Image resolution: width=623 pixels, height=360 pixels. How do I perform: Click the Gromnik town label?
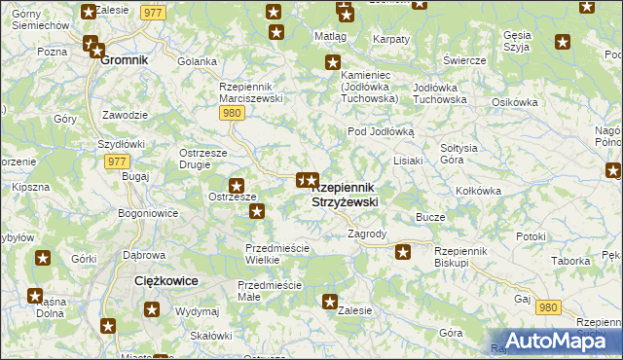(x=124, y=60)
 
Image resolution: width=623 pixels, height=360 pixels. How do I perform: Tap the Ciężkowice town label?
(x=165, y=280)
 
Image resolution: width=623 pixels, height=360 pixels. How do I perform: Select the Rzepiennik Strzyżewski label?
(x=345, y=195)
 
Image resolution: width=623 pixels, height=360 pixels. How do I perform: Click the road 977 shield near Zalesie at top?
(x=151, y=12)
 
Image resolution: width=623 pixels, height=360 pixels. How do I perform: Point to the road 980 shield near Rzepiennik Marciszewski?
(x=231, y=113)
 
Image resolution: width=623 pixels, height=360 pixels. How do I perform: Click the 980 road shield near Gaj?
(x=548, y=306)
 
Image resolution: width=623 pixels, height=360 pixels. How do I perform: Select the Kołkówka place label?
(x=478, y=192)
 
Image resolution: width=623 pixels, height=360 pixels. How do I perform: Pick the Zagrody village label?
(x=367, y=234)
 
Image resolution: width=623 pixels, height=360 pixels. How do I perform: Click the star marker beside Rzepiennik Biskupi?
(x=403, y=253)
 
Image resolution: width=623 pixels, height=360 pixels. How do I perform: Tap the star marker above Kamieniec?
(x=332, y=63)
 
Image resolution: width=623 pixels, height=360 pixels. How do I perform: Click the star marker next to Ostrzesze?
(x=236, y=185)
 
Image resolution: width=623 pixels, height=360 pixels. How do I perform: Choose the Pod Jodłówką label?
(x=382, y=131)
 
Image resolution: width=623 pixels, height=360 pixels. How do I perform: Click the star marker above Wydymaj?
(x=153, y=310)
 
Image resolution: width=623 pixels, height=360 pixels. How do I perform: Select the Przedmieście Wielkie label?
(x=276, y=254)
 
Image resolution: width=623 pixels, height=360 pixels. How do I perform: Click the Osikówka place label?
(x=515, y=103)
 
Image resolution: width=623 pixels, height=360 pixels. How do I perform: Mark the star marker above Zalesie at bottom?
(x=330, y=302)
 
